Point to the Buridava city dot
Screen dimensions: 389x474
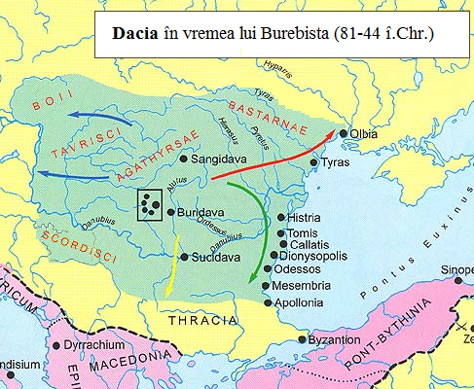click(x=170, y=211)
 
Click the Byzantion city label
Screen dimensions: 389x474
click(x=334, y=341)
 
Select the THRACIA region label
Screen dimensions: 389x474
click(x=204, y=320)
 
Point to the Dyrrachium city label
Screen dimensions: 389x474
click(x=95, y=344)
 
